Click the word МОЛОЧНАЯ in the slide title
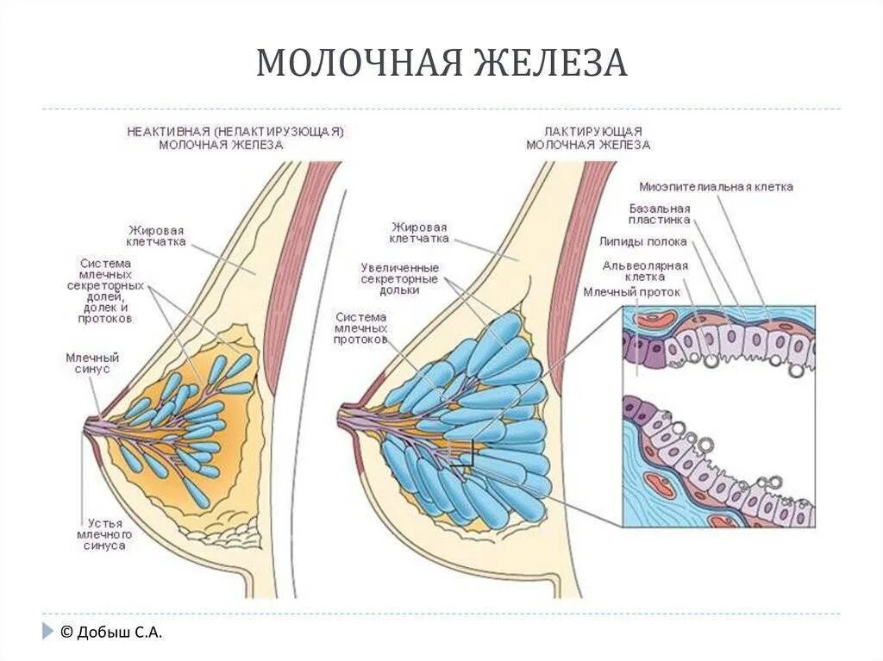[x=355, y=64]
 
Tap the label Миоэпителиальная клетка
[x=716, y=186]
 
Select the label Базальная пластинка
[x=660, y=215]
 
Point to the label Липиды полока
[x=644, y=242]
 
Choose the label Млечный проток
[x=631, y=292]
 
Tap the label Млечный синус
[x=91, y=363]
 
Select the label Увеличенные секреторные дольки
[x=399, y=279]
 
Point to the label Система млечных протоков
[x=362, y=328]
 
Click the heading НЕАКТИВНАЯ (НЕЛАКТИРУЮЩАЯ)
[x=235, y=132]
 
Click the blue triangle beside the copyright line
[x=47, y=632]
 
